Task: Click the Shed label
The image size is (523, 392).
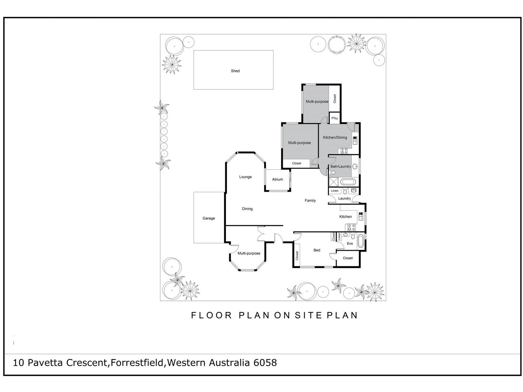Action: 235,71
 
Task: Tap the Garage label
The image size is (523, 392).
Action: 209,218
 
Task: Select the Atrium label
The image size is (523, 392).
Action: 277,179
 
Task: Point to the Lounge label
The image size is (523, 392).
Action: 245,177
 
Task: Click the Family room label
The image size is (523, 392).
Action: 310,201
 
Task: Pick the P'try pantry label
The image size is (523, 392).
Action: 334,118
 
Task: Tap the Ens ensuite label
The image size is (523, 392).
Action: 349,243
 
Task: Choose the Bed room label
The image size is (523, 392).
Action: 317,250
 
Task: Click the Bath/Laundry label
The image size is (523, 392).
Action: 341,167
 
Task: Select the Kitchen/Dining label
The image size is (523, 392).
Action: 335,138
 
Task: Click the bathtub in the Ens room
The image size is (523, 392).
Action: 361,241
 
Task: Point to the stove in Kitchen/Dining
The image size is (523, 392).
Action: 344,151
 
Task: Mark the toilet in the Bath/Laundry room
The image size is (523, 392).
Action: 332,172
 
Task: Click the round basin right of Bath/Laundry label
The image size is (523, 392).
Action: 355,166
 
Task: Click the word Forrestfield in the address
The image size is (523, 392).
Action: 137,363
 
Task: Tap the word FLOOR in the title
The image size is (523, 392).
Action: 211,315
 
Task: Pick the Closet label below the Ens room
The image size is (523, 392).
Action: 347,258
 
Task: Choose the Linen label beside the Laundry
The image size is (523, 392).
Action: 334,191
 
